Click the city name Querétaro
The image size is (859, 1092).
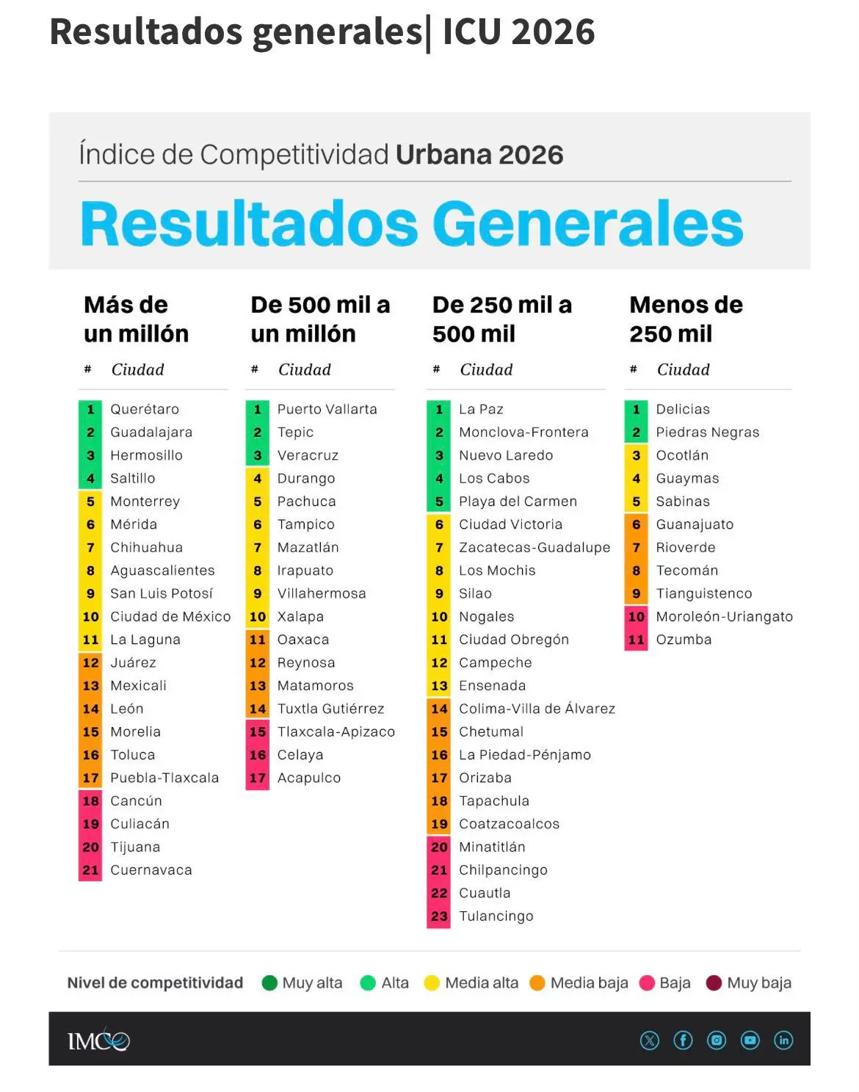pos(145,409)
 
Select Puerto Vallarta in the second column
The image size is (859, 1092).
pos(327,409)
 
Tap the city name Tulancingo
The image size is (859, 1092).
pos(496,916)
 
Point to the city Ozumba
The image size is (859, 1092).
pos(684,640)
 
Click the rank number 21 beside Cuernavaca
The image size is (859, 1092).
pos(90,869)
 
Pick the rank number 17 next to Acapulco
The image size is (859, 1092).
pos(257,778)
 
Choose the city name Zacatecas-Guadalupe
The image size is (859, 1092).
pos(534,548)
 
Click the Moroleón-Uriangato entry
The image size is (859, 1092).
pos(724,617)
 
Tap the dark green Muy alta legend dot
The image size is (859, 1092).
pos(269,983)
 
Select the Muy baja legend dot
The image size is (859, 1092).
pos(714,983)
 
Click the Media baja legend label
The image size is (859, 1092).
pos(589,983)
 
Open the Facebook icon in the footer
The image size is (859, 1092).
pos(683,1041)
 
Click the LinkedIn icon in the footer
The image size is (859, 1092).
pos(783,1041)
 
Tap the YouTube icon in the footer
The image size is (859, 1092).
pos(750,1041)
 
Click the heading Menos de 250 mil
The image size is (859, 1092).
pos(686,319)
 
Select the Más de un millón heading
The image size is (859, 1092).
pos(136,319)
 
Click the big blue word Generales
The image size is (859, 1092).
pos(587,223)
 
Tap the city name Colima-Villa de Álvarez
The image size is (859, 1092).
pos(537,709)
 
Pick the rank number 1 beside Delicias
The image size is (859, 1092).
pos(637,409)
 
